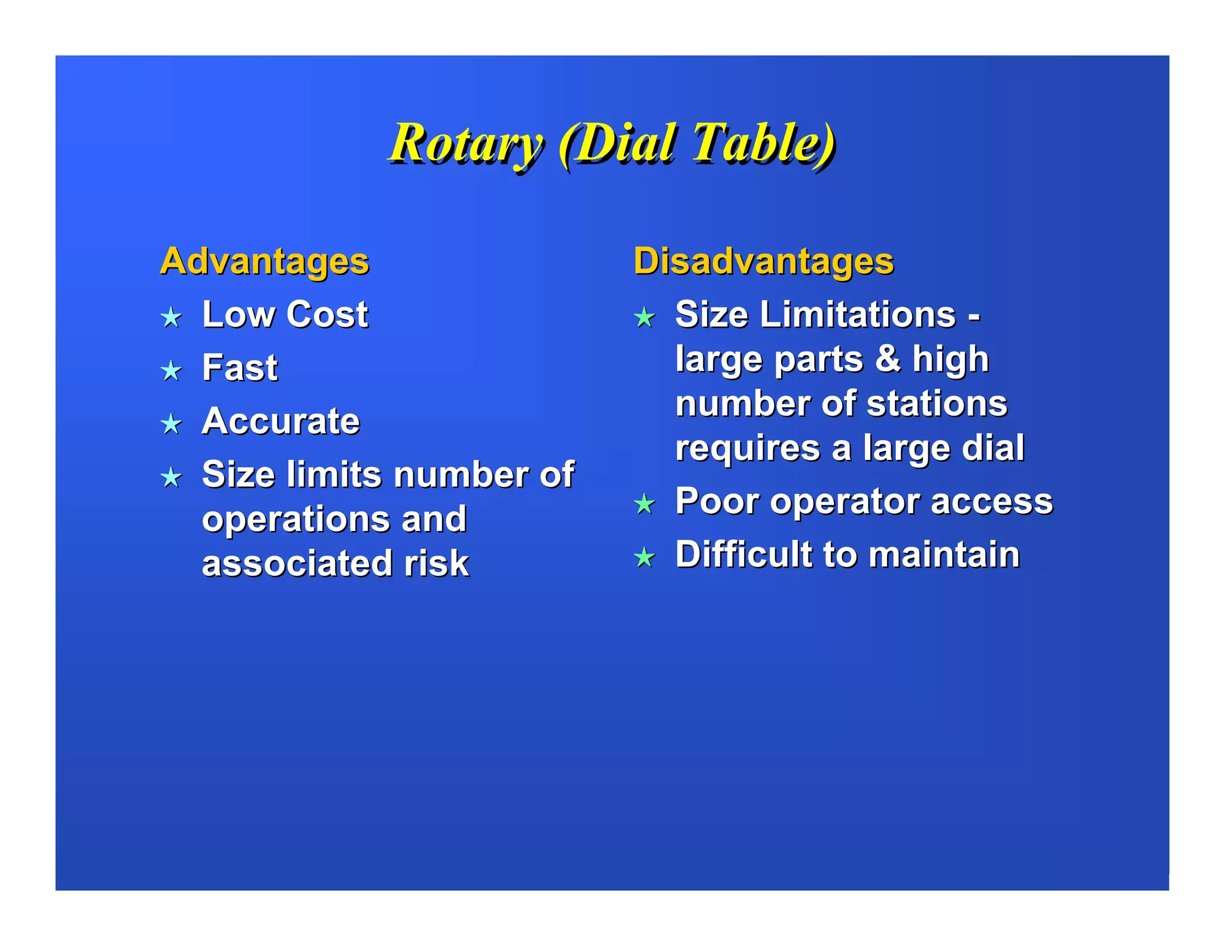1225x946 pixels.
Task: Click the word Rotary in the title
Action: point(465,144)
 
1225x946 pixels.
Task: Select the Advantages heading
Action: point(264,261)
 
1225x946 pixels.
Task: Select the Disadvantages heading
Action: point(763,261)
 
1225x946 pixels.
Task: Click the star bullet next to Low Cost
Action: point(171,317)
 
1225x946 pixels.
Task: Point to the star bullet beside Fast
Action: point(171,370)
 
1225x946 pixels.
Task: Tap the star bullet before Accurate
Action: point(171,423)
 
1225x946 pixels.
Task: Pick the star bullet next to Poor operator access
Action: point(644,503)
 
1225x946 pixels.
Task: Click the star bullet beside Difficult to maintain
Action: point(644,557)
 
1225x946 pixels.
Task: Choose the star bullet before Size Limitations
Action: point(644,317)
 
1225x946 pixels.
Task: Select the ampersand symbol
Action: point(888,358)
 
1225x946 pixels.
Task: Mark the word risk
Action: point(436,563)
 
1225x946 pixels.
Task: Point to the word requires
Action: point(748,448)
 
